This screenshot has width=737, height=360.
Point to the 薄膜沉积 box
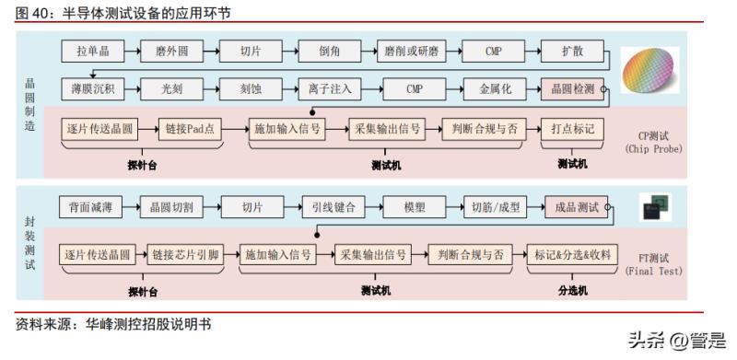(x=92, y=89)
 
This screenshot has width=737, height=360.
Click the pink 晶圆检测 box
(x=575, y=89)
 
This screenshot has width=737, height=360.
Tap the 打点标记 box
(x=572, y=129)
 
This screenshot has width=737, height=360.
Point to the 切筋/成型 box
(x=495, y=207)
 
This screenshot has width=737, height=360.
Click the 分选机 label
(x=572, y=291)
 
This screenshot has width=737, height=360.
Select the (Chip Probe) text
(x=652, y=148)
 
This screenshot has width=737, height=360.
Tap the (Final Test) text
(x=652, y=272)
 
